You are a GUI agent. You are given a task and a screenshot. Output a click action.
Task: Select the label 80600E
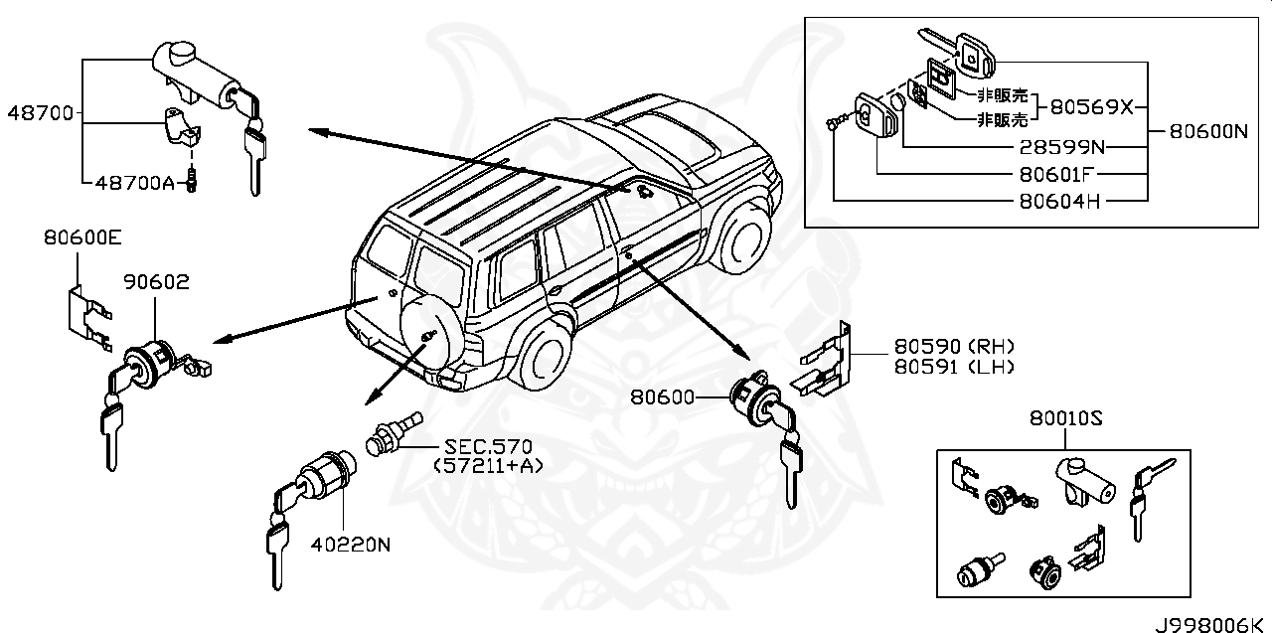coord(81,237)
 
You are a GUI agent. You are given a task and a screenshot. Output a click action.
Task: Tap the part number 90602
coord(156,283)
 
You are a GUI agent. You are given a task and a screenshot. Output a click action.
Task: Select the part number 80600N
coord(1207,130)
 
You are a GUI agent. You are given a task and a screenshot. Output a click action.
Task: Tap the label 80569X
coord(1091,107)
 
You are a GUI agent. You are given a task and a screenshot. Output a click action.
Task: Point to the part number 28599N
coord(1061,148)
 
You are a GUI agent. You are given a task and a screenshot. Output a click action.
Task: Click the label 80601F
coord(1061,175)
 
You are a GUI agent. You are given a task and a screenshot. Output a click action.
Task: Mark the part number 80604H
coord(1061,201)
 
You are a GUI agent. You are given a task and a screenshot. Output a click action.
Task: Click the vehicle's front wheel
coord(745,237)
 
